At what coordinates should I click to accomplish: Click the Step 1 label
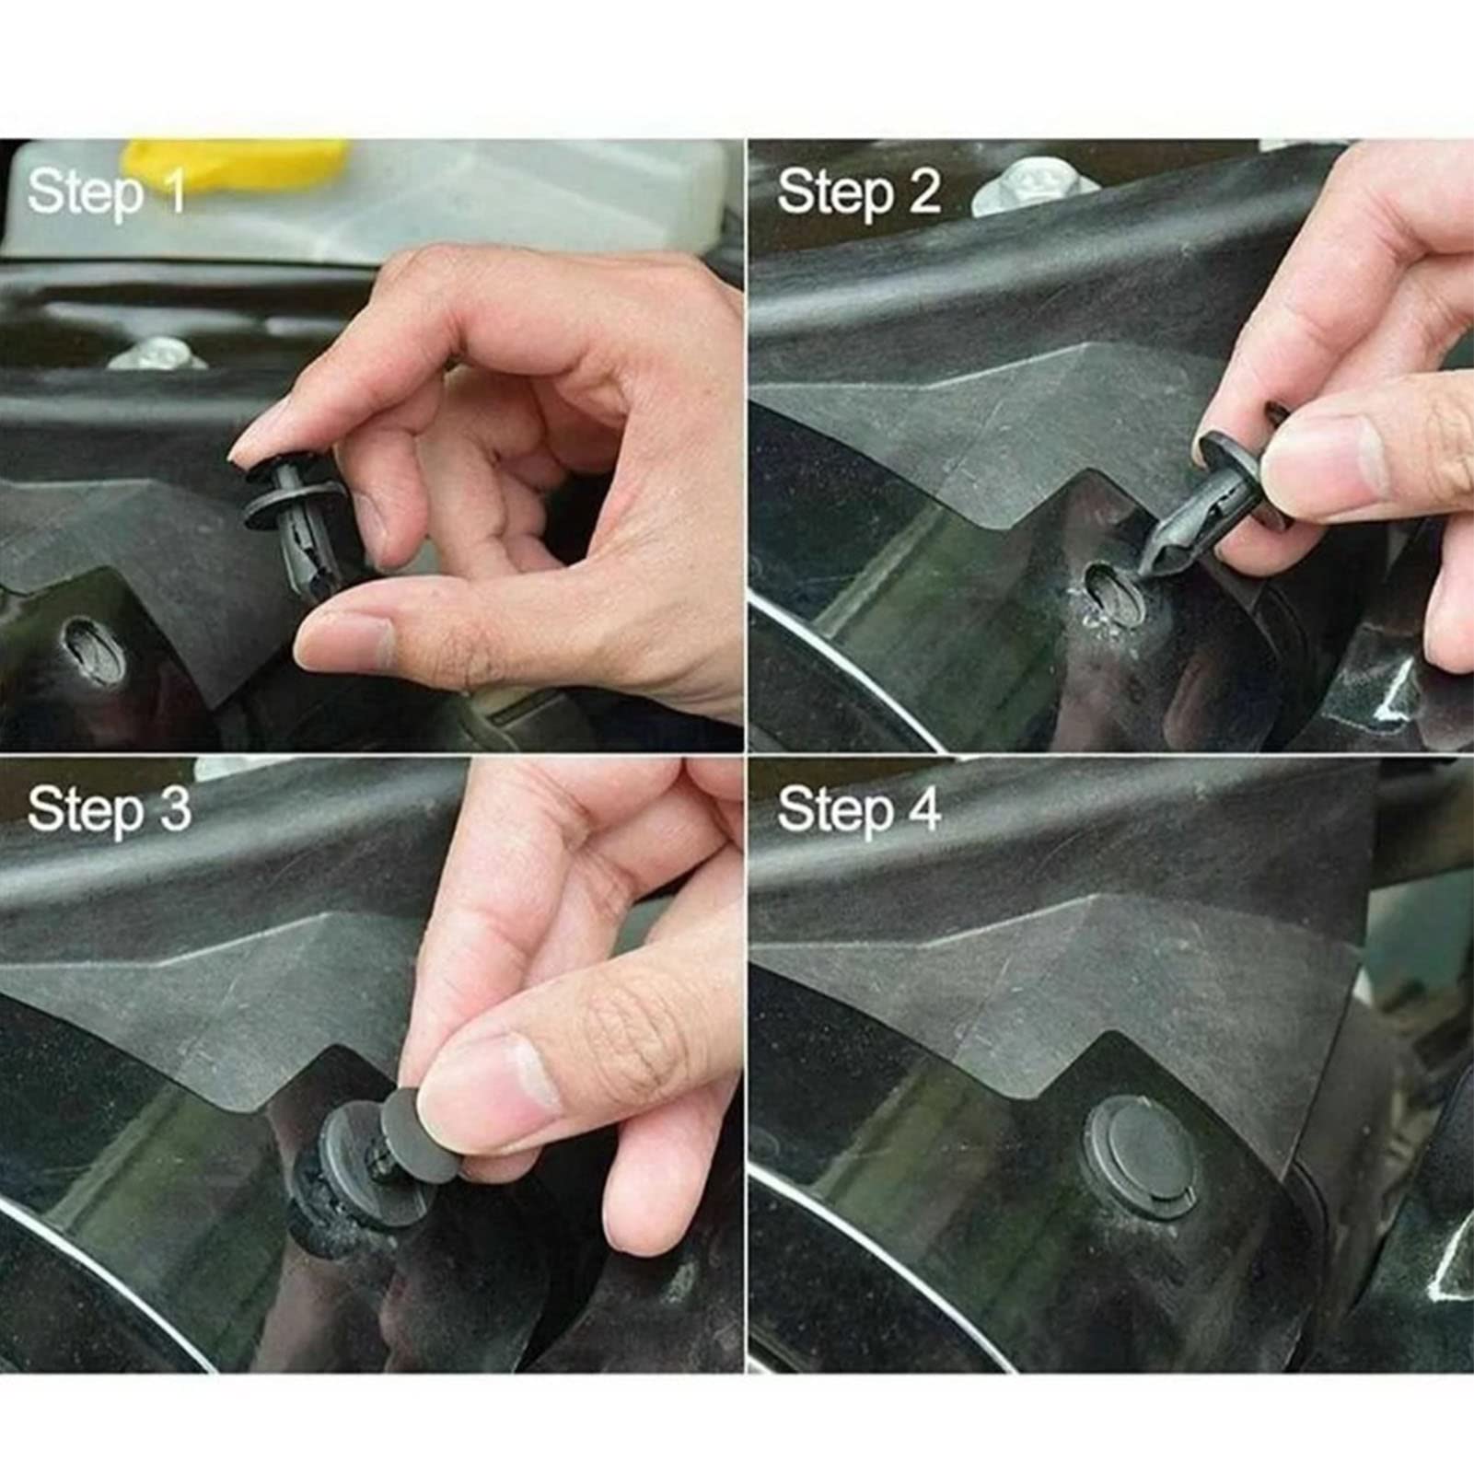pos(106,193)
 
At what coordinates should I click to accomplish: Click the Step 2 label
pos(858,193)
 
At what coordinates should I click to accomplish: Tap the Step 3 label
pos(109,810)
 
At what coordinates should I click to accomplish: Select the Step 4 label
pos(858,810)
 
